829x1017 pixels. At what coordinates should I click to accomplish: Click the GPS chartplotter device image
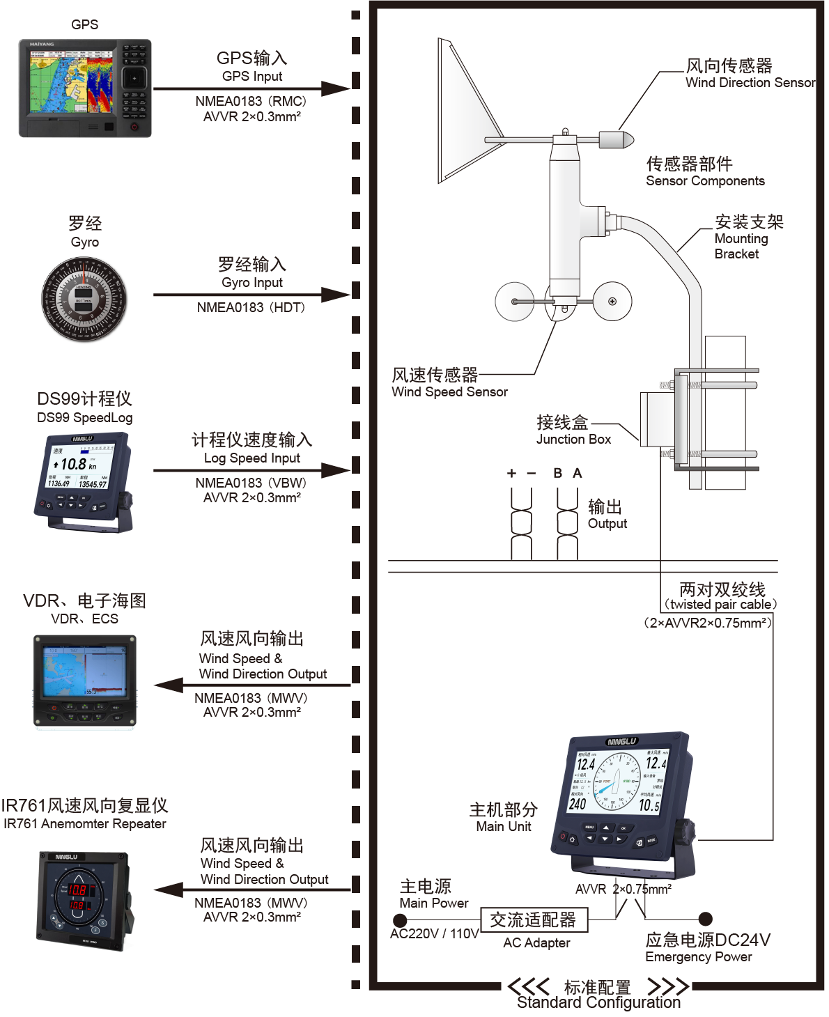pos(84,88)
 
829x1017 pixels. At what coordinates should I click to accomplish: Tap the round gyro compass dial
pos(84,300)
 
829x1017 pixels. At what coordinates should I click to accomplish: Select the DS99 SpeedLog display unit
pos(83,481)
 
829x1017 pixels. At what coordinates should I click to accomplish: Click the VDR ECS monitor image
pos(84,681)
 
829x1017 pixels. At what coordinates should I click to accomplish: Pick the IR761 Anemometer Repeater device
pos(84,899)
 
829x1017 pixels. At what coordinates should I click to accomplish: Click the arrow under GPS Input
pos(251,89)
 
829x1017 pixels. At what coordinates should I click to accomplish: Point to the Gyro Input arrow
pos(251,295)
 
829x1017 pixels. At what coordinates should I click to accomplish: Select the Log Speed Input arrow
pos(251,470)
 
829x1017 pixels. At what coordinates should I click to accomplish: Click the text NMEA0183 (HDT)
pos(251,307)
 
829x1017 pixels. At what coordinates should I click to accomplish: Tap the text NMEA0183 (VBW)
pos(251,483)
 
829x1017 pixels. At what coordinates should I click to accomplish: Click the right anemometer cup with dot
pos(612,302)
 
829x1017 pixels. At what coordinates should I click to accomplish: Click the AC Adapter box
pos(534,919)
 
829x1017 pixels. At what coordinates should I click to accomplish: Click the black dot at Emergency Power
pos(705,919)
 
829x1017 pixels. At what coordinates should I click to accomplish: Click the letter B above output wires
pos(558,474)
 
